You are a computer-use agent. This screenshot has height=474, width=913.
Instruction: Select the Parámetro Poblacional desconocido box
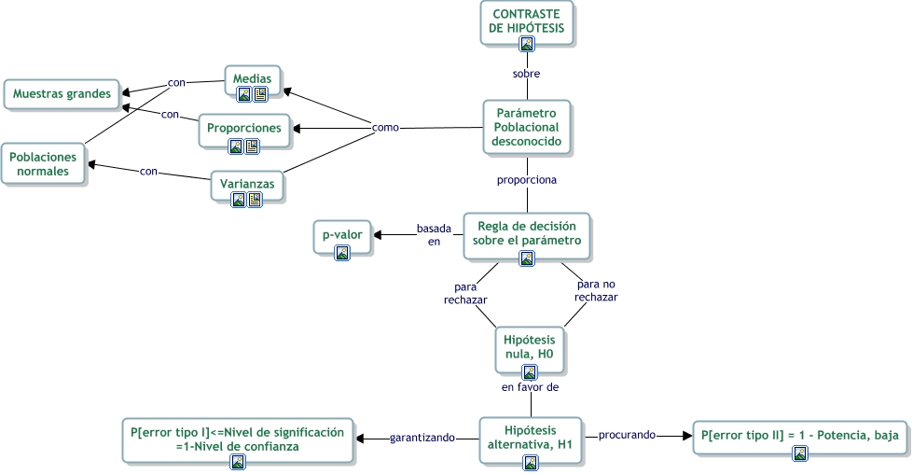pos(527,127)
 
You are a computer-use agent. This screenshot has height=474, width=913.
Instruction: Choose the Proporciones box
pos(244,128)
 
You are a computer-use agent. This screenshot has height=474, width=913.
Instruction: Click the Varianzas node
pos(247,184)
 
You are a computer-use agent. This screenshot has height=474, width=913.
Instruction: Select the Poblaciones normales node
pos(43,164)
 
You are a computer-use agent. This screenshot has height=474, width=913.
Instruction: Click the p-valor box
pos(341,235)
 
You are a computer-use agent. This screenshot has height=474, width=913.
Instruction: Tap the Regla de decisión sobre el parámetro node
pos(528,233)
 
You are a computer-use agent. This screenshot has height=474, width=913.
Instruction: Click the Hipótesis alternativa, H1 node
pos(528,436)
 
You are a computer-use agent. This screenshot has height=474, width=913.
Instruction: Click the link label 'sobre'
pos(527,73)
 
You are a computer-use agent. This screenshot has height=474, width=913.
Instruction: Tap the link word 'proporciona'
pos(527,177)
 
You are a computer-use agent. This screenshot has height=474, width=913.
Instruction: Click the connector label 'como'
pos(386,127)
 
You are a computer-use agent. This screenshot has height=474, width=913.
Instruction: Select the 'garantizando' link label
pos(422,437)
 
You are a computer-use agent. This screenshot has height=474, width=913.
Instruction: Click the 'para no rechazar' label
pos(596,290)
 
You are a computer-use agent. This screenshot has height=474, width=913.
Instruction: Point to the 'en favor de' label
pos(530,385)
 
